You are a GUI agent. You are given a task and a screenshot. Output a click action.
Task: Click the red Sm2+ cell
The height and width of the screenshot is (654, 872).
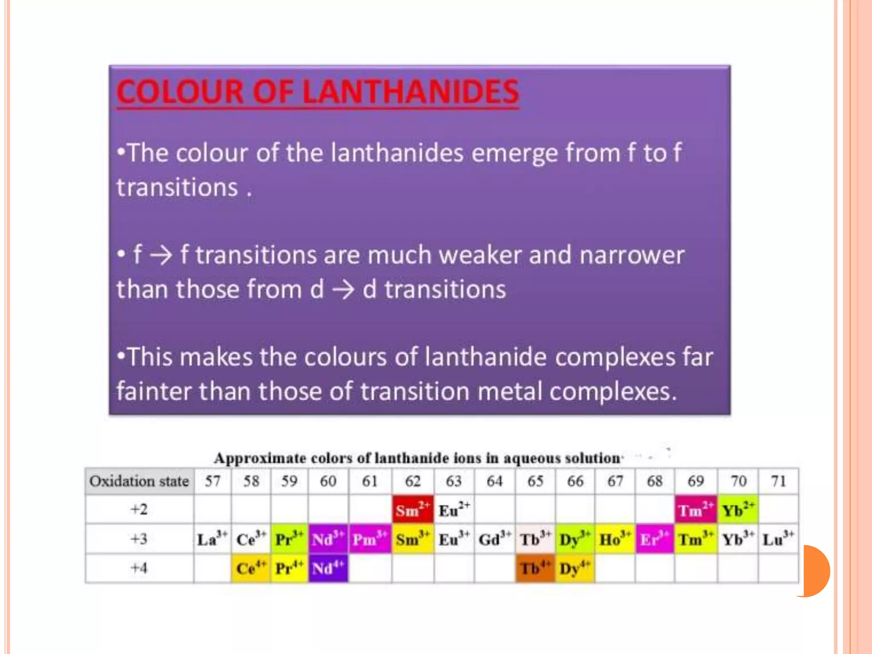(413, 509)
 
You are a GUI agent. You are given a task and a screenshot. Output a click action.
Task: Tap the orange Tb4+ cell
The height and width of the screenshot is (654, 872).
(535, 568)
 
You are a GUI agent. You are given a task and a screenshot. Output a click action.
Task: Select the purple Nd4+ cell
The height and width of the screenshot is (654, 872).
(328, 568)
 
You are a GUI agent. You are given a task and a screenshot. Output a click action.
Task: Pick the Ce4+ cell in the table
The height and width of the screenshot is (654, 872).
(251, 568)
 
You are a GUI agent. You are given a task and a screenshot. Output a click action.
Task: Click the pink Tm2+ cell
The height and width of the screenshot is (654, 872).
(696, 509)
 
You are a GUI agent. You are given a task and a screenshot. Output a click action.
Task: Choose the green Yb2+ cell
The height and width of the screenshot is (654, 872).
(738, 509)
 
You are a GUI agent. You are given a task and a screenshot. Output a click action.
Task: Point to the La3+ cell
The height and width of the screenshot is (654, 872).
(212, 539)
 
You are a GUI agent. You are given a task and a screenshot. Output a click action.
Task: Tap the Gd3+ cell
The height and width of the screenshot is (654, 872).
(494, 539)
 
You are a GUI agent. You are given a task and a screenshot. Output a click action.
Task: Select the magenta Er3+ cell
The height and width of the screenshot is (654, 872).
(654, 539)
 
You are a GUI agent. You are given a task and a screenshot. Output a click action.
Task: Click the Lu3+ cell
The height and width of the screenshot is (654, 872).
(778, 539)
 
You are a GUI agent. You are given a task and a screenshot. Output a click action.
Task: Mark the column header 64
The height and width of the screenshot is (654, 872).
(494, 481)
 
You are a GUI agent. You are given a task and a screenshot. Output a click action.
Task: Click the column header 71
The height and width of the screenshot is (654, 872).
(778, 481)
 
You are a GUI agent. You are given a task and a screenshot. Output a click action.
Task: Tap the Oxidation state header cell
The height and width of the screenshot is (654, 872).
(139, 481)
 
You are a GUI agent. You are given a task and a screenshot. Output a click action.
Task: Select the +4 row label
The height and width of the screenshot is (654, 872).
(139, 568)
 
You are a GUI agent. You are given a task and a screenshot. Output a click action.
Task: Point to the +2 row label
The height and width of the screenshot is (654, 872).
(139, 509)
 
